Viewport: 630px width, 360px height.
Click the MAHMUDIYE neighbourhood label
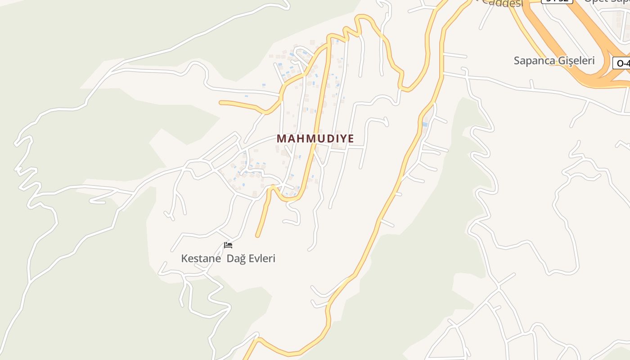(x=315, y=139)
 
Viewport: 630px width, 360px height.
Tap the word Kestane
(x=201, y=259)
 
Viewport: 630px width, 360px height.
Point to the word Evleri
(x=261, y=259)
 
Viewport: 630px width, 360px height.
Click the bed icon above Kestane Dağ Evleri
(x=228, y=245)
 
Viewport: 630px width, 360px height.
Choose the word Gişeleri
(x=576, y=61)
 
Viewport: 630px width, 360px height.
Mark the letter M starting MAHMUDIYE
(x=282, y=139)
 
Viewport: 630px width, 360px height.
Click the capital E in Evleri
(x=251, y=259)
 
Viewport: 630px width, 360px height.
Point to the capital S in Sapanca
(x=517, y=61)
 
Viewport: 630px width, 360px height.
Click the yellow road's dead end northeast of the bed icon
(x=258, y=235)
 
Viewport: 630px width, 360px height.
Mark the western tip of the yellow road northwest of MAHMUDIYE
(x=221, y=103)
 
